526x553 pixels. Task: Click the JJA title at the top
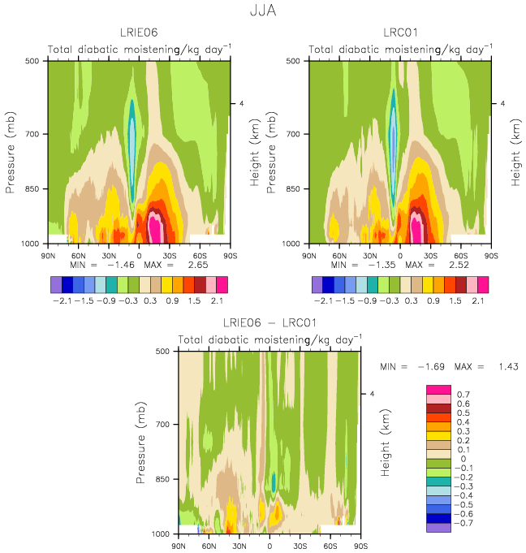point(263,11)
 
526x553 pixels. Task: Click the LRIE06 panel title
point(139,32)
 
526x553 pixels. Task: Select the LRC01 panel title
point(400,32)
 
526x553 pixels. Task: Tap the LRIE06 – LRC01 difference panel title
point(269,322)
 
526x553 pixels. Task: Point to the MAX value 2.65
point(198,265)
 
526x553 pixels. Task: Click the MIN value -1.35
point(382,265)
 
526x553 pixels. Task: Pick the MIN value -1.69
point(431,367)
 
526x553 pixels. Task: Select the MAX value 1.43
point(508,367)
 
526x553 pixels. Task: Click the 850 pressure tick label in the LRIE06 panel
point(32,189)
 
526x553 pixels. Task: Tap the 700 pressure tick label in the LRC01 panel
point(293,134)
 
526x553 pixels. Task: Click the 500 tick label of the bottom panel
point(162,352)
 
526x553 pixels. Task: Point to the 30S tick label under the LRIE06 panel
point(170,256)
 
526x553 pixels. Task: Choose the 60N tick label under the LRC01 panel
point(339,256)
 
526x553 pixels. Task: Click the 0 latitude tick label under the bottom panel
point(269,546)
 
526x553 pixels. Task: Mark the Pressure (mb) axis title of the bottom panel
point(140,443)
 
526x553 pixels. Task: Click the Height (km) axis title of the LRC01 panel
point(515,153)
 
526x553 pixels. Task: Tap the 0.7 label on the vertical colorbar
point(463,395)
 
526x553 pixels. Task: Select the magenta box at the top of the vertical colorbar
point(438,390)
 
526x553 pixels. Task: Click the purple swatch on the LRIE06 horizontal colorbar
point(56,284)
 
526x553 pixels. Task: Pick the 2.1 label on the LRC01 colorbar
point(477,300)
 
